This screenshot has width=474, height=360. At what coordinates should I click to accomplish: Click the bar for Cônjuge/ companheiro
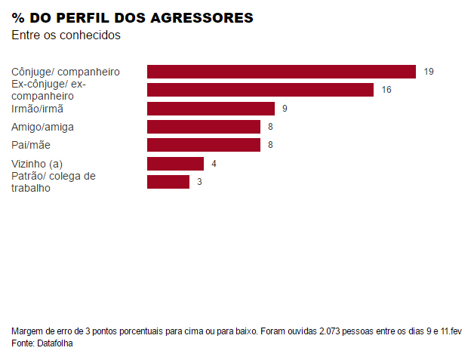click(281, 72)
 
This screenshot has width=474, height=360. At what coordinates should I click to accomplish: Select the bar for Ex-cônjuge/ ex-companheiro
click(260, 90)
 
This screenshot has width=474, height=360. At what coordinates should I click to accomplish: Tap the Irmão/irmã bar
click(211, 109)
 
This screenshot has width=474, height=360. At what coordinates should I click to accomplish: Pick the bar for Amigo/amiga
click(203, 127)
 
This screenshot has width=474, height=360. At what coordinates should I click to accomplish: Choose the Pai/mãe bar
click(203, 145)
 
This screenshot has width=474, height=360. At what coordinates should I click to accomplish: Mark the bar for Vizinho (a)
click(175, 164)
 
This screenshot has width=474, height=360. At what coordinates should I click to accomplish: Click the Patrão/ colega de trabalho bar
click(168, 182)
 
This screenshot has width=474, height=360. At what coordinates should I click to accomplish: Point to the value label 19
click(428, 72)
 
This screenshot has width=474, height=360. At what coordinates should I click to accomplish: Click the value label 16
click(386, 90)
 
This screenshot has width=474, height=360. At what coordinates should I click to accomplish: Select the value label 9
click(285, 109)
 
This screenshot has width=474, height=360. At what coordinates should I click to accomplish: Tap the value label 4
click(214, 164)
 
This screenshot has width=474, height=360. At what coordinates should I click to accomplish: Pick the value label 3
click(199, 182)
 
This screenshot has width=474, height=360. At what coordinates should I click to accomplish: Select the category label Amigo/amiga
click(42, 127)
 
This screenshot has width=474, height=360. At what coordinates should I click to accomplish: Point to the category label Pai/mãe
click(31, 145)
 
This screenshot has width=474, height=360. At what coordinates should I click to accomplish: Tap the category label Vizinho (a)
click(37, 164)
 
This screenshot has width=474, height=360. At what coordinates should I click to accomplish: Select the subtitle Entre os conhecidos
click(66, 35)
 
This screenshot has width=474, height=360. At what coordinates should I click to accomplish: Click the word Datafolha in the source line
click(55, 343)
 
